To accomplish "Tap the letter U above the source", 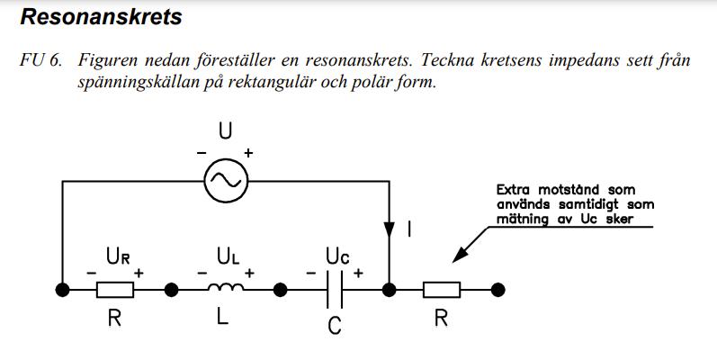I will click(x=225, y=131).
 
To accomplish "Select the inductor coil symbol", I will click(x=224, y=289).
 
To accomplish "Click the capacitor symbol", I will click(x=334, y=289).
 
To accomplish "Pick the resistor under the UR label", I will click(x=115, y=290).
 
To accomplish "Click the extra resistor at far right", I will click(x=442, y=290).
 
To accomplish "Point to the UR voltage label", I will click(x=115, y=256).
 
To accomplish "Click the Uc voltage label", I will click(x=333, y=256).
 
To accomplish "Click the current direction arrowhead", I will click(x=390, y=230).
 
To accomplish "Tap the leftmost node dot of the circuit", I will click(x=62, y=290).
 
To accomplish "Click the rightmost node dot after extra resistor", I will click(x=498, y=290).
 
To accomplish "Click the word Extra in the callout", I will click(x=515, y=190).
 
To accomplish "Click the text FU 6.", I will click(x=41, y=61).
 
